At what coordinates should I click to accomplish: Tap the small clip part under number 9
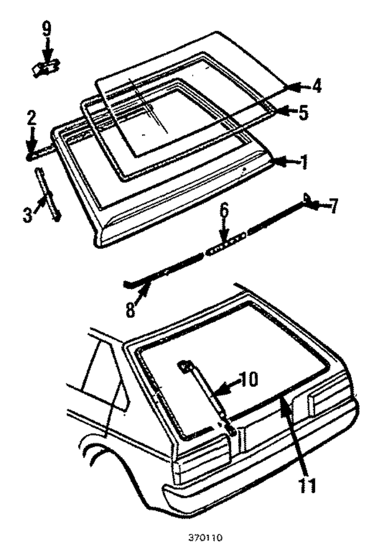click(45, 69)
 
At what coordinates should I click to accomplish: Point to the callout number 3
click(27, 214)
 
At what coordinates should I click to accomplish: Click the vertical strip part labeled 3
click(49, 193)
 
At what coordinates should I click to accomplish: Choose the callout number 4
click(317, 85)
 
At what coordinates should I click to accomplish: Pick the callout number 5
click(303, 112)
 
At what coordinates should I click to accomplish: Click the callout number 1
click(303, 161)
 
